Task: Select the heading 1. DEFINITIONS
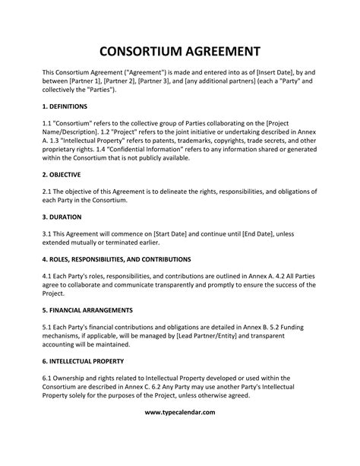point(65,106)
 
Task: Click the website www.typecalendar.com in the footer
point(179,433)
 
